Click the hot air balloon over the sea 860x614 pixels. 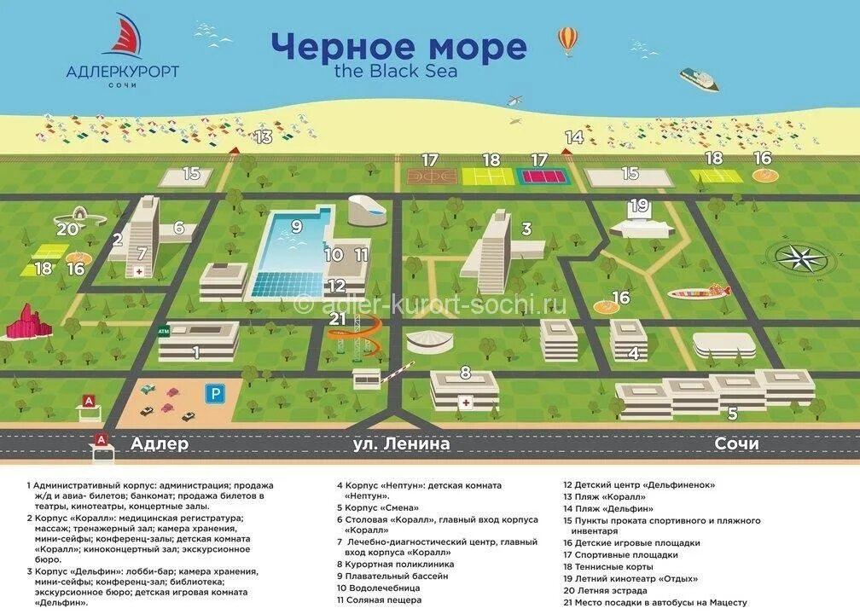point(567,39)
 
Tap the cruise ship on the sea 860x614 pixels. point(699,78)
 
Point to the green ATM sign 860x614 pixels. point(164,331)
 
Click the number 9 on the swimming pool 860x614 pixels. point(297,226)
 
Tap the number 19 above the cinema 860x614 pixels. point(639,206)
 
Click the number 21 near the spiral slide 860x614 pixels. point(337,318)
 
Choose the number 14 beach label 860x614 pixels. point(573,136)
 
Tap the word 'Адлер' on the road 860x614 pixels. point(160,444)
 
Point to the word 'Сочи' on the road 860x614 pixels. point(736,444)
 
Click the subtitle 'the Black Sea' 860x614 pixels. point(396,72)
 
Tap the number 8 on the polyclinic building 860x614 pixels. point(465,372)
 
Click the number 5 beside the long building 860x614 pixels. point(732,414)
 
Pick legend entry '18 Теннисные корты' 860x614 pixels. point(607,566)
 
